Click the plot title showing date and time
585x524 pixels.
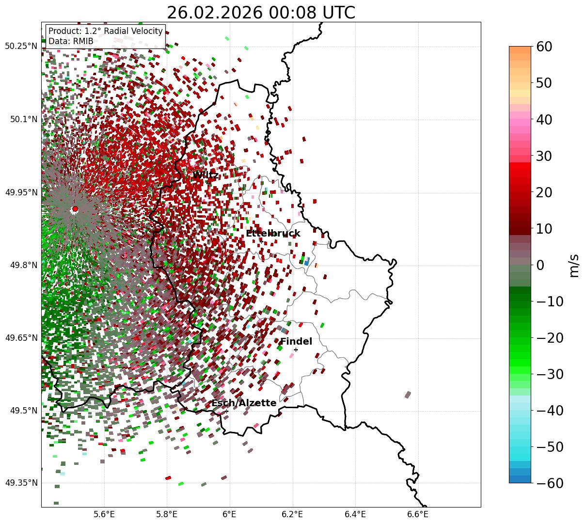click(x=261, y=13)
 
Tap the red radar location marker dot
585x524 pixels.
click(x=75, y=209)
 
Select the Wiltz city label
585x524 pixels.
click(x=206, y=175)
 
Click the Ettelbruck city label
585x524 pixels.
click(x=273, y=234)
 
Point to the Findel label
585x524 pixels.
click(x=296, y=342)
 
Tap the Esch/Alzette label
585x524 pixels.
click(x=244, y=403)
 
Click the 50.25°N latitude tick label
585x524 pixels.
click(x=21, y=47)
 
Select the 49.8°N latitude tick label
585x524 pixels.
click(x=21, y=265)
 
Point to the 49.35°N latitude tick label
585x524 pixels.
click(x=21, y=483)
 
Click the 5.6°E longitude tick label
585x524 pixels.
click(x=104, y=514)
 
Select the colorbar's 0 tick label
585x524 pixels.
click(x=540, y=265)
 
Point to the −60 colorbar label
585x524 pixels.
click(x=550, y=483)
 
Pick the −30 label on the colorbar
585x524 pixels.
click(x=550, y=374)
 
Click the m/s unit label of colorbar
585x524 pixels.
click(x=575, y=265)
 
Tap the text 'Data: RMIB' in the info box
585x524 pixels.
click(x=71, y=41)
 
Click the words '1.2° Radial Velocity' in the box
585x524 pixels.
click(x=124, y=31)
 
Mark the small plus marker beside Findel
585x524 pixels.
click(x=296, y=349)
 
